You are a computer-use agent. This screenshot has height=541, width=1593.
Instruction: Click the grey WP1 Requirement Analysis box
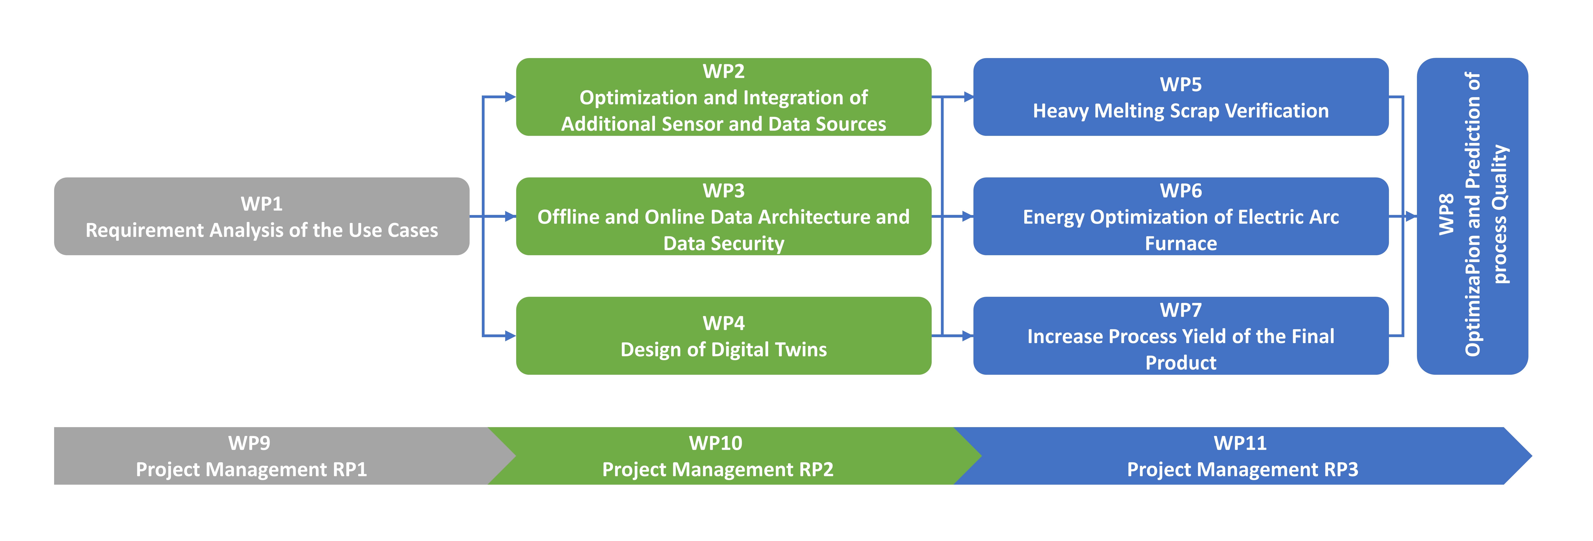262,216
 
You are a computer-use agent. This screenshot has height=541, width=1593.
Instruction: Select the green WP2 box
723,97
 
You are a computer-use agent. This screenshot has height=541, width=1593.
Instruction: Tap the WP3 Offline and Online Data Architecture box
723,216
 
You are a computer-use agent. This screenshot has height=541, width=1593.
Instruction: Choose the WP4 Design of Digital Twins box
723,336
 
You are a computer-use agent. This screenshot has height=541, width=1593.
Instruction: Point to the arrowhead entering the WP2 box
510,97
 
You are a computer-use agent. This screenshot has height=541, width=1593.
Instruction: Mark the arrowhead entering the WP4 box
510,336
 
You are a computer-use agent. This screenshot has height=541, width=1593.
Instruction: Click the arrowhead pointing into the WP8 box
1411,216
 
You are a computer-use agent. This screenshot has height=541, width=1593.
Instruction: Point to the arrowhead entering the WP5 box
968,97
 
